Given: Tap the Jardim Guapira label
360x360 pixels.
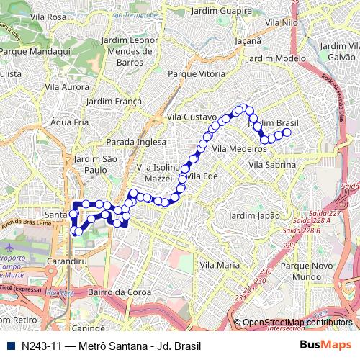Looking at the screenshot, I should (221, 10).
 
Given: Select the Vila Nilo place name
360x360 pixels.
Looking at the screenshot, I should (282, 23).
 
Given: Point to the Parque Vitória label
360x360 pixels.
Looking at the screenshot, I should (196, 73).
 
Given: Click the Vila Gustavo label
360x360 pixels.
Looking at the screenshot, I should (191, 117).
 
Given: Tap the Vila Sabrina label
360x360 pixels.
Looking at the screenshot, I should (272, 165).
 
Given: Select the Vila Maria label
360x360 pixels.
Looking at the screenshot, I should (219, 265).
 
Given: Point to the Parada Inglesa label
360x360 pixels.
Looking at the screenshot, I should (136, 142).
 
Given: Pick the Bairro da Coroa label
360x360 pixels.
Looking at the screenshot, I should (119, 292).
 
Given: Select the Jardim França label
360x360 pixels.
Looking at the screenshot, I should (114, 102).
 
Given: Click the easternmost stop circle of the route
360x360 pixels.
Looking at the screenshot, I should (287, 132).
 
